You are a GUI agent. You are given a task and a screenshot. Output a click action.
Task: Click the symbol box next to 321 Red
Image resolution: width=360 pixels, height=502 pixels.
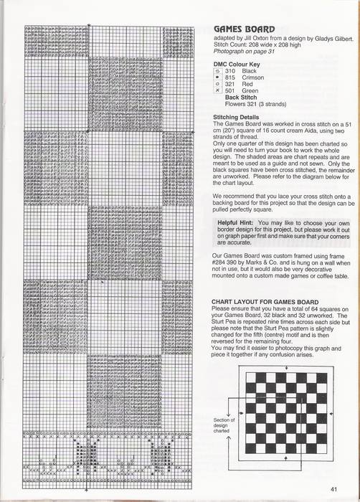click(x=218, y=85)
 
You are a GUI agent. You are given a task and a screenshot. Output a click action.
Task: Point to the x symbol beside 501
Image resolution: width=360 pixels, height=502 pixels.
click(x=218, y=91)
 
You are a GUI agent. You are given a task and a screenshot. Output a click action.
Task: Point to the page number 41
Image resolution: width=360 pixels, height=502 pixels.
click(x=333, y=490)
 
